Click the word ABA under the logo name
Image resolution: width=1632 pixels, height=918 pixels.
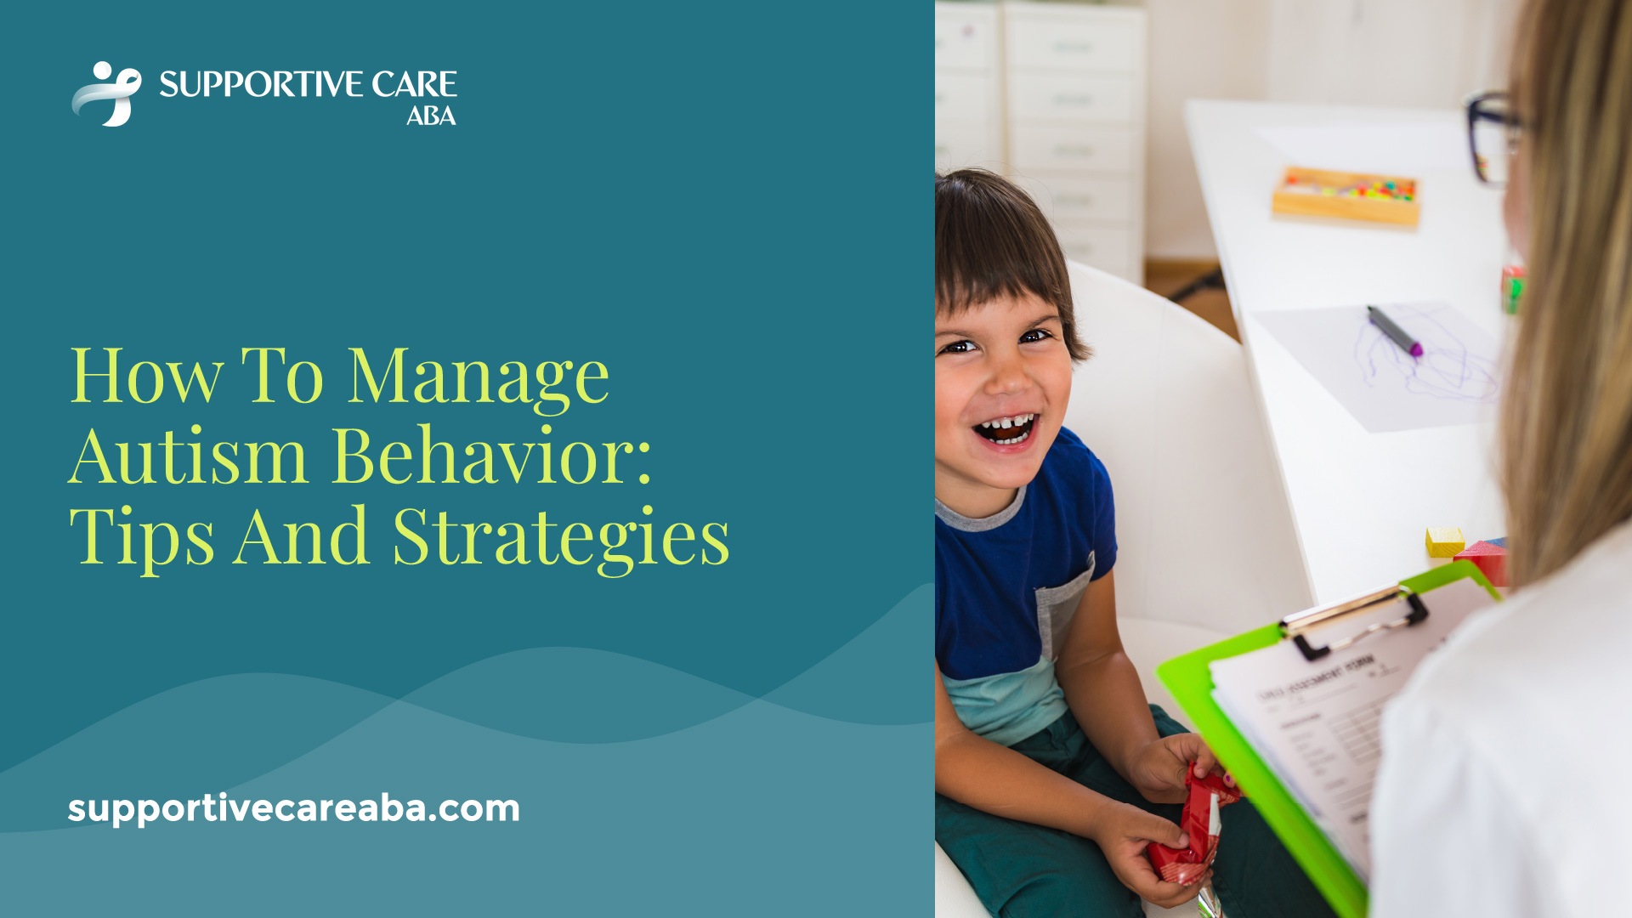click(431, 116)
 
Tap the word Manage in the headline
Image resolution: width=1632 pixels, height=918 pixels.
click(479, 377)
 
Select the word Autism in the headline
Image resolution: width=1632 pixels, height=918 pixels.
click(188, 456)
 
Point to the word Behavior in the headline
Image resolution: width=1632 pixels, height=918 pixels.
click(491, 456)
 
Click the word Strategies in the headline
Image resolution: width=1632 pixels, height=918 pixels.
click(561, 538)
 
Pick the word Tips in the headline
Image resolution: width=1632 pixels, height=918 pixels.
click(141, 538)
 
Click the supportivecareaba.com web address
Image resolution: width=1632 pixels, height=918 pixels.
click(293, 807)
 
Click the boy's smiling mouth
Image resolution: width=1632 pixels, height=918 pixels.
click(1006, 428)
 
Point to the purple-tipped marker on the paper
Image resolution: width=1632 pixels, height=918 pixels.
click(1394, 331)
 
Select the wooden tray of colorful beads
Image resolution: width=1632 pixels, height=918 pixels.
click(1346, 195)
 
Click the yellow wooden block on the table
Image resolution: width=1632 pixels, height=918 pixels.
click(1444, 541)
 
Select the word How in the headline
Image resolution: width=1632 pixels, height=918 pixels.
click(146, 377)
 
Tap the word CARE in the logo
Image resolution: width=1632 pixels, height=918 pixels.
click(414, 84)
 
